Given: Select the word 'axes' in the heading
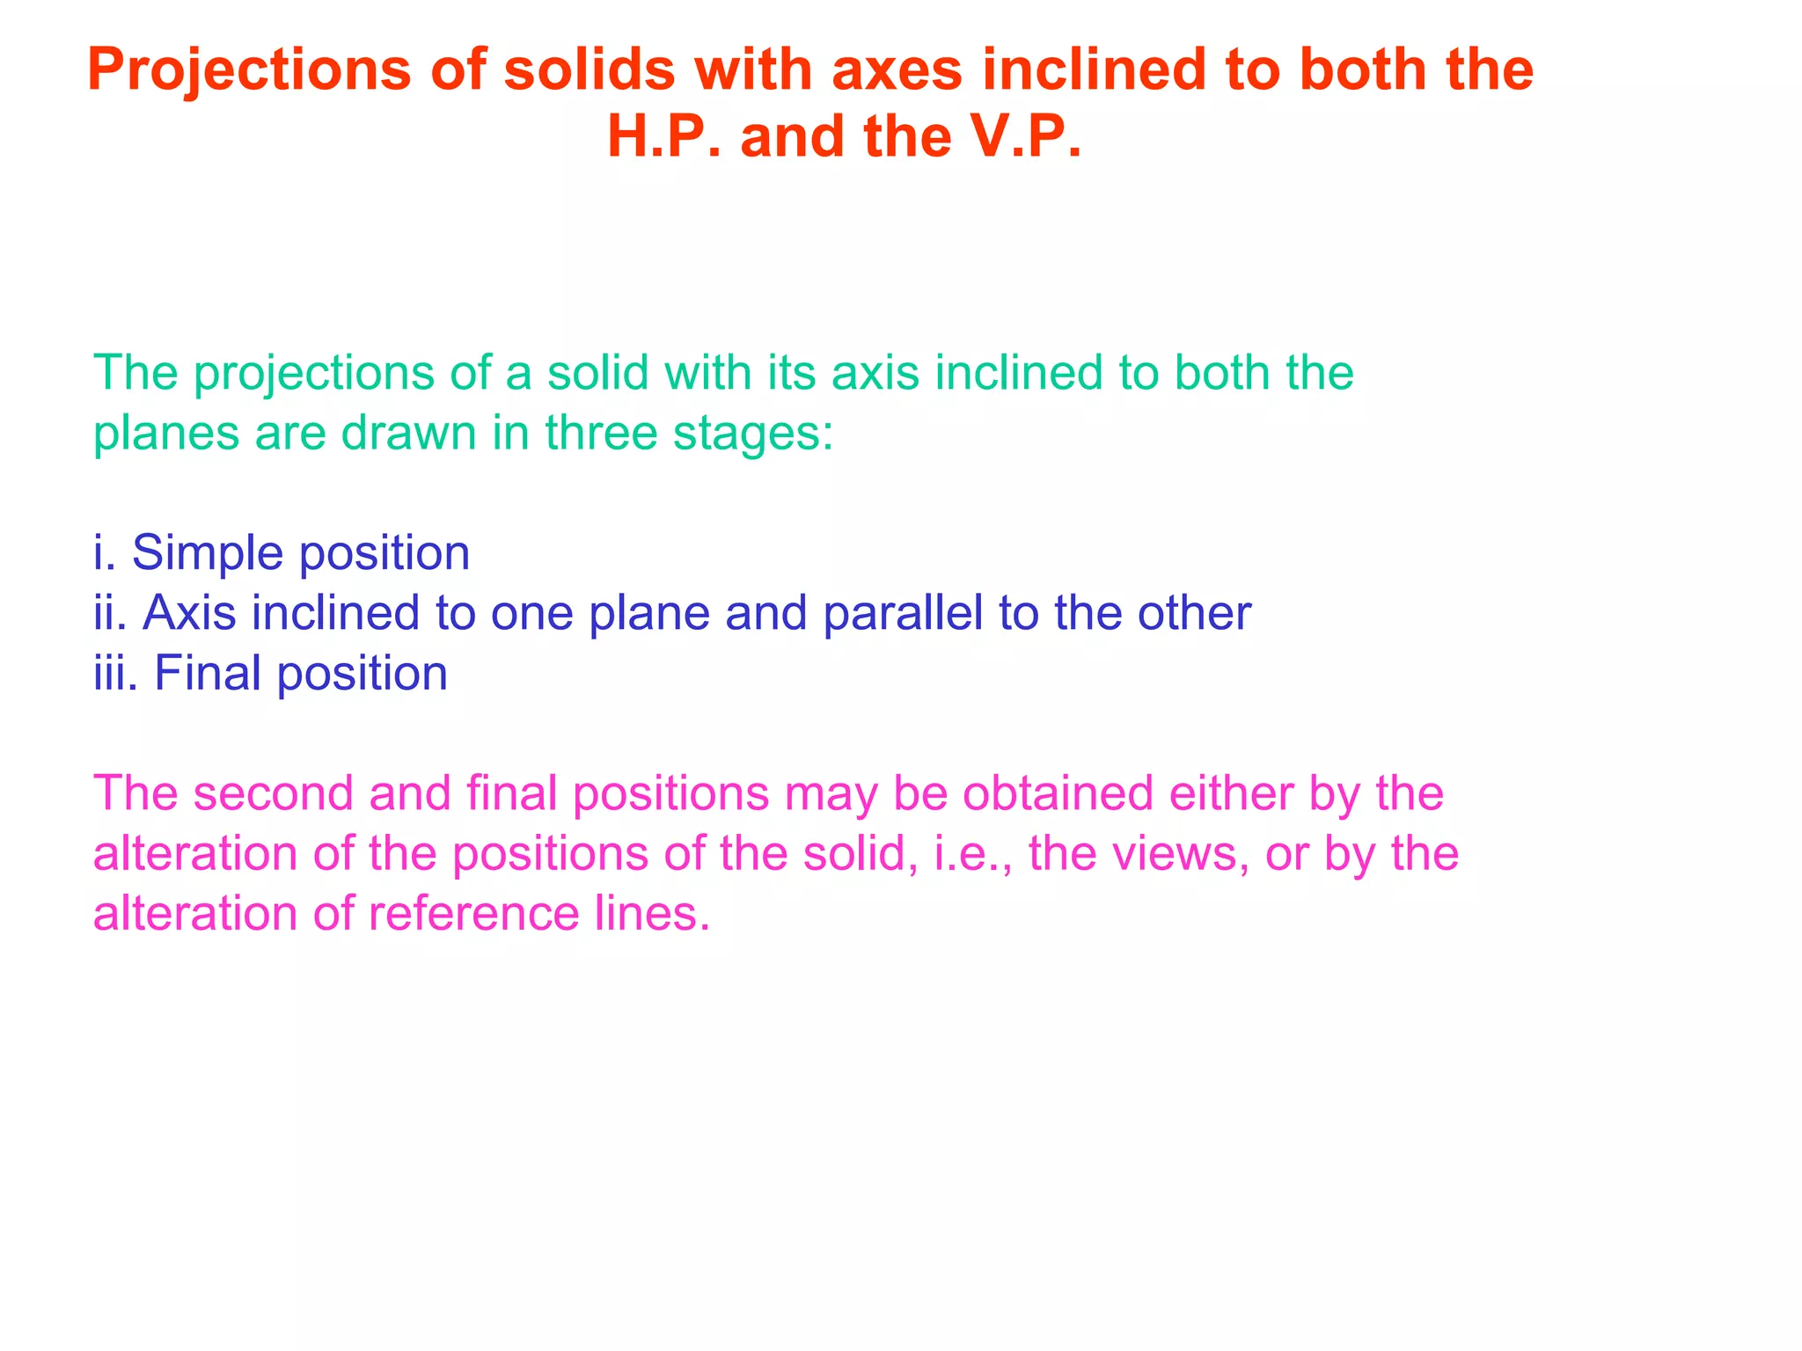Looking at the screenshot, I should coord(898,70).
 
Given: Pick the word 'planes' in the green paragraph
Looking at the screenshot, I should coord(166,434).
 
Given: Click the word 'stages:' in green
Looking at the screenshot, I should coord(753,434).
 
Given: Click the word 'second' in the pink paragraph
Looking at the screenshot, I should coord(274,793).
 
